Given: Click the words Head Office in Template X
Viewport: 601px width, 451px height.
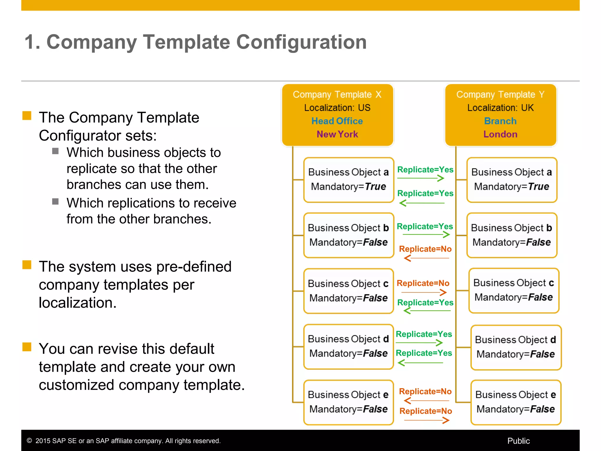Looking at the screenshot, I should pyautogui.click(x=337, y=121).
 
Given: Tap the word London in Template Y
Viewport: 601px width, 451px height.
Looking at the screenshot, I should pyautogui.click(x=500, y=134).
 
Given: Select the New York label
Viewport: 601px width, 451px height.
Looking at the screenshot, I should pyautogui.click(x=337, y=134).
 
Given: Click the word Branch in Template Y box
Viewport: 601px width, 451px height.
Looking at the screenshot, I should pyautogui.click(x=500, y=121).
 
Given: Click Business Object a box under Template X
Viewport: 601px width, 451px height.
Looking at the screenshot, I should pyautogui.click(x=348, y=180).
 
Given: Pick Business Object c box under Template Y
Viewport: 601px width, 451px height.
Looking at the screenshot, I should pyautogui.click(x=514, y=290).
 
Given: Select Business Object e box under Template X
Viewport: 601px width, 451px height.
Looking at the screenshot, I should pyautogui.click(x=348, y=402).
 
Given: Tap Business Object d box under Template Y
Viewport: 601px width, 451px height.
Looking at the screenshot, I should pyautogui.click(x=516, y=347).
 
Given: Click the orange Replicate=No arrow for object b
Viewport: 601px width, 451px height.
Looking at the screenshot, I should pyautogui.click(x=426, y=258).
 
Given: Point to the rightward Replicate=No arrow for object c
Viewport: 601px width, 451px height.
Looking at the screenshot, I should pyautogui.click(x=424, y=292).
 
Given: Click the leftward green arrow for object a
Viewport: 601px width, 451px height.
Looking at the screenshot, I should pyautogui.click(x=422, y=203).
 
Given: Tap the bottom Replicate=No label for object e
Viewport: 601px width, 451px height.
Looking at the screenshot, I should pyautogui.click(x=426, y=411).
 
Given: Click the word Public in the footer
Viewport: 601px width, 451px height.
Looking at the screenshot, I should pyautogui.click(x=518, y=441).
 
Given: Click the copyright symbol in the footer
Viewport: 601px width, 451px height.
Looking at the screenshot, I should pyautogui.click(x=29, y=441).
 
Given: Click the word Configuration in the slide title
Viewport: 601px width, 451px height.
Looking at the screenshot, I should pyautogui.click(x=301, y=42).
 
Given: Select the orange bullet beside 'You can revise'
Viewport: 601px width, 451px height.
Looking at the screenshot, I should pyautogui.click(x=27, y=347).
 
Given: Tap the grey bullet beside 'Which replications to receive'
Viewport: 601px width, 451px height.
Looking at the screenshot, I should pyautogui.click(x=55, y=201).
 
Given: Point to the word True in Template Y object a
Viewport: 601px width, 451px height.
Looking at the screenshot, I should pyautogui.click(x=538, y=186).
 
